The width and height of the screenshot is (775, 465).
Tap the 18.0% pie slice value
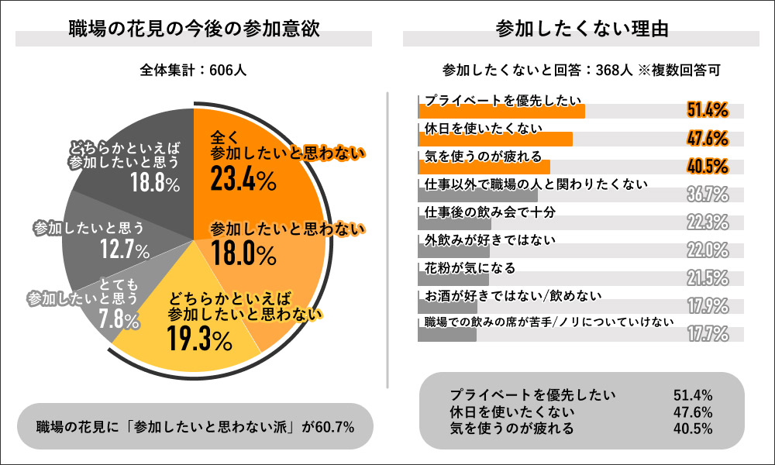243,253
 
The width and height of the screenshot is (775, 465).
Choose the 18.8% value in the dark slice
154,183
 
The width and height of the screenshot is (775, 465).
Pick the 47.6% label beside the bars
707,139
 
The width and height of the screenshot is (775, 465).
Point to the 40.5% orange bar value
707,166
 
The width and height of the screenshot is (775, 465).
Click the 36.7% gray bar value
707,194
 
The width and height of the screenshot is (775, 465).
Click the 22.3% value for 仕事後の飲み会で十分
707,222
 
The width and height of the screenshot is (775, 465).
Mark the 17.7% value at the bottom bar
707,333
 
